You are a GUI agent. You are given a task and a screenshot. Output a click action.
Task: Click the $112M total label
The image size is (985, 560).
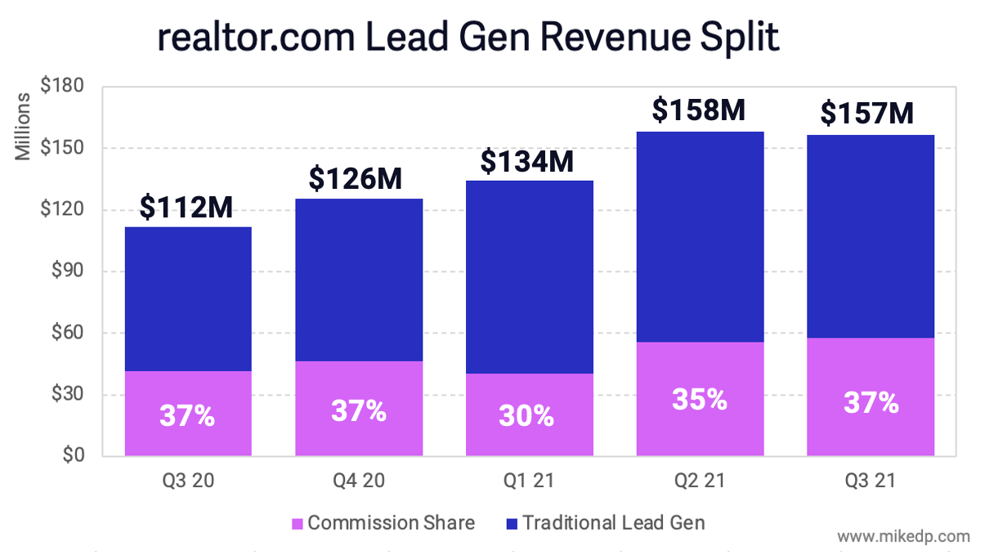click(186, 208)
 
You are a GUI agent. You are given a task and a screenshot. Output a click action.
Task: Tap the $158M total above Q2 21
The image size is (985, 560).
click(699, 110)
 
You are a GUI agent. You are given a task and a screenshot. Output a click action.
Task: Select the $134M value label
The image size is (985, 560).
click(527, 162)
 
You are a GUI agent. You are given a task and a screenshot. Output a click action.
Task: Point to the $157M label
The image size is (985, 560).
click(867, 114)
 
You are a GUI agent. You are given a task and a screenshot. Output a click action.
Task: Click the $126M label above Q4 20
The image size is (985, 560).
click(356, 178)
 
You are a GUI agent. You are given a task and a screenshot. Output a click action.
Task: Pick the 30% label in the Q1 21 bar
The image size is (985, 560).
click(526, 417)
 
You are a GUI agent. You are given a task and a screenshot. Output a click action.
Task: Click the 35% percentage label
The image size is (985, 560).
click(699, 399)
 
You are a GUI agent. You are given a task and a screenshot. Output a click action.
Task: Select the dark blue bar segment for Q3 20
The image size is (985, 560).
click(188, 298)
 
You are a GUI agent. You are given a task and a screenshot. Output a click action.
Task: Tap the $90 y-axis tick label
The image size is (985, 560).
click(66, 271)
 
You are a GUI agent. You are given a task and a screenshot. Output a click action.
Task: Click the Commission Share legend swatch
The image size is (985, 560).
click(297, 523)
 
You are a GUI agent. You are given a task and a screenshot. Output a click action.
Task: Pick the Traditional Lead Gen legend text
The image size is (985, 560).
click(613, 522)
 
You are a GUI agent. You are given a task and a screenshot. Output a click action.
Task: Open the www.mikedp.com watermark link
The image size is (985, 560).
click(904, 537)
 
